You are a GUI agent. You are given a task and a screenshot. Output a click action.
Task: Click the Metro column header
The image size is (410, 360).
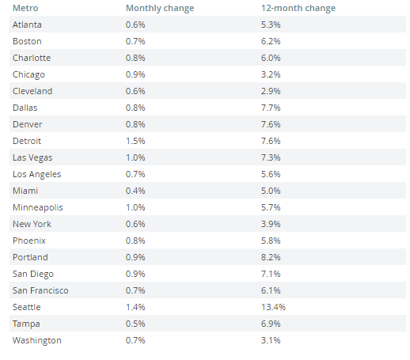(x=25, y=8)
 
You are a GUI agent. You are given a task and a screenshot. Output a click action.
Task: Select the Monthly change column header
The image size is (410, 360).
(x=160, y=8)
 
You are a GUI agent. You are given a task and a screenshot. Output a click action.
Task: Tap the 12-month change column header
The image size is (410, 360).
(x=298, y=8)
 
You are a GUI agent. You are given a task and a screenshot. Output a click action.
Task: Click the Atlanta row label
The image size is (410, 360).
(x=27, y=25)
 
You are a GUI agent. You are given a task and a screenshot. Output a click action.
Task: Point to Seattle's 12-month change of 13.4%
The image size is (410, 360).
(x=273, y=307)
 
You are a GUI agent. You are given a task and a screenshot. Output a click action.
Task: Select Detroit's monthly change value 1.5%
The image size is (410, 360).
(x=135, y=141)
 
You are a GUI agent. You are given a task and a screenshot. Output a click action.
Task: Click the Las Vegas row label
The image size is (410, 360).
(x=32, y=157)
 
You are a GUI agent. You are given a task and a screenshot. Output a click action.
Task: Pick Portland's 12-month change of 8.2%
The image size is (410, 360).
(x=271, y=257)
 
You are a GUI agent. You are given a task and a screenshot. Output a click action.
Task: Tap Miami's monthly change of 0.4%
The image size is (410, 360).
(x=135, y=191)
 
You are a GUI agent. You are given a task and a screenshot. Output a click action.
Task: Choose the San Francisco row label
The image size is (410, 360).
(x=40, y=290)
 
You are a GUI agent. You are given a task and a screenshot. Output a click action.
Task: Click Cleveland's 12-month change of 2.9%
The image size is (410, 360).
(x=271, y=91)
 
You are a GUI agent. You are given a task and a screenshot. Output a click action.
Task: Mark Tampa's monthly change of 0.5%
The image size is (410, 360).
(x=135, y=324)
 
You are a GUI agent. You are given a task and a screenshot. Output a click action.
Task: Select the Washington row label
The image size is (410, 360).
(x=37, y=340)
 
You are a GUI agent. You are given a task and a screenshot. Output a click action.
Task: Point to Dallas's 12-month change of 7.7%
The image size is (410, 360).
(x=271, y=108)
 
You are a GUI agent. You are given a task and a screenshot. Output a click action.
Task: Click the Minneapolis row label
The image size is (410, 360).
(x=38, y=207)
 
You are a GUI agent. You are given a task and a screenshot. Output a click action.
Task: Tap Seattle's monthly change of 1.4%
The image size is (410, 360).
(x=135, y=307)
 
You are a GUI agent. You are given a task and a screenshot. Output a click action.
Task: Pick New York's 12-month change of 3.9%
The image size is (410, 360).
(x=271, y=224)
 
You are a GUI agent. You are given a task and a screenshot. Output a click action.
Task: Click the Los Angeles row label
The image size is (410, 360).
(x=37, y=174)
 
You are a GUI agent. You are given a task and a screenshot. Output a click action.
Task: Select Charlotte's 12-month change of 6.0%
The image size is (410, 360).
(x=271, y=58)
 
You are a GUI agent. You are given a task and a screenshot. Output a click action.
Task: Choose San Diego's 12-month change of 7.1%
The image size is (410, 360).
(x=271, y=274)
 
